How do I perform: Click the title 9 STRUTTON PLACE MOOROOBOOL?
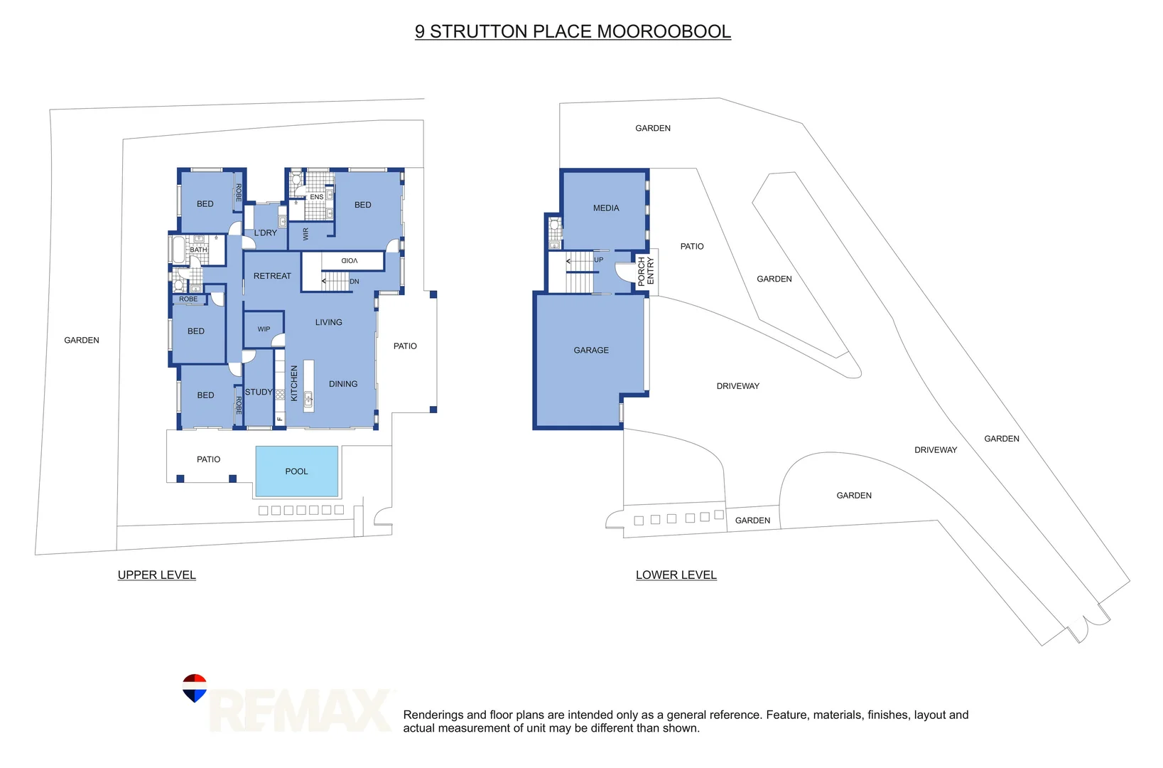pyautogui.click(x=573, y=32)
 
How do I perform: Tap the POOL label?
pyautogui.click(x=296, y=471)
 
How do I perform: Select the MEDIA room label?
pyautogui.click(x=606, y=208)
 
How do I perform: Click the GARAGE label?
pyautogui.click(x=591, y=351)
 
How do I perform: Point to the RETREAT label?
pyautogui.click(x=272, y=276)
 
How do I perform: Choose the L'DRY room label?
pyautogui.click(x=266, y=233)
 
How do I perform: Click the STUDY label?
pyautogui.click(x=259, y=393)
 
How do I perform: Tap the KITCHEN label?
pyautogui.click(x=294, y=383)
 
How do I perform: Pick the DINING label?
pyautogui.click(x=343, y=384)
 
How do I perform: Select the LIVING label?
pyautogui.click(x=328, y=323)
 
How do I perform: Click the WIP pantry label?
pyautogui.click(x=264, y=329)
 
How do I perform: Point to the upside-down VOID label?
pyautogui.click(x=349, y=261)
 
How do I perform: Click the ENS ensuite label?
pyautogui.click(x=316, y=197)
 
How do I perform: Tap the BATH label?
pyautogui.click(x=198, y=250)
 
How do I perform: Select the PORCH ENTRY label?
pyautogui.click(x=646, y=272)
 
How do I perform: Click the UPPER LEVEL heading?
pyautogui.click(x=156, y=575)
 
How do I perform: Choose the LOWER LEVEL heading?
pyautogui.click(x=676, y=575)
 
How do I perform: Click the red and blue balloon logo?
pyautogui.click(x=194, y=688)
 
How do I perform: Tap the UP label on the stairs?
pyautogui.click(x=599, y=260)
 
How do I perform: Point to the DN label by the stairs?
pyautogui.click(x=355, y=282)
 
